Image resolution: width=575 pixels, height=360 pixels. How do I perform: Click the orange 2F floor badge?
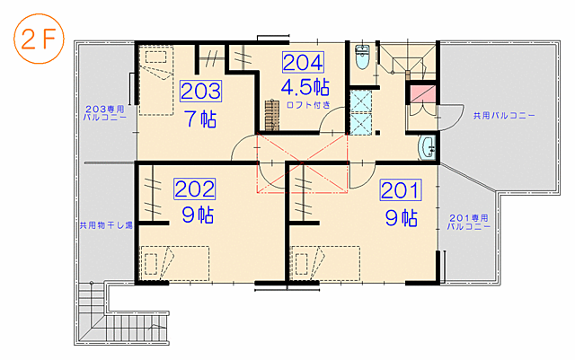39,39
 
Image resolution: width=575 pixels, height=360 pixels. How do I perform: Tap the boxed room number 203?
201,91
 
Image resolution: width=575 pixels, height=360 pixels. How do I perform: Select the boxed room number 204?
303,62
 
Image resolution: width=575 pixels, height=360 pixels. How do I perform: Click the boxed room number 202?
195,189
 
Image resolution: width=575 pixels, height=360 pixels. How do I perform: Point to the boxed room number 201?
401,190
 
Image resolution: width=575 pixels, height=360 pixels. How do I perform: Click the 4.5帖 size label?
305,87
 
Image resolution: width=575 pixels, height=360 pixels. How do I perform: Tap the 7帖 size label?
201,119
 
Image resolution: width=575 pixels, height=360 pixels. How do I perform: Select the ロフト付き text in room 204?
308,105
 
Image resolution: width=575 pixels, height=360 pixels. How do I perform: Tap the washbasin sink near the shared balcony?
428,148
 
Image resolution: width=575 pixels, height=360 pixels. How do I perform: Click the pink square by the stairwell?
422,93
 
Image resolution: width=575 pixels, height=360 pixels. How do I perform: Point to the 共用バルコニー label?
504,116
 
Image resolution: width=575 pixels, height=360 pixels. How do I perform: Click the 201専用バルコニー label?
469,222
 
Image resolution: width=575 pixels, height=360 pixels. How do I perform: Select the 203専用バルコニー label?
105,113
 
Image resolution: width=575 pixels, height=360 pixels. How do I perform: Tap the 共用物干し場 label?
106,224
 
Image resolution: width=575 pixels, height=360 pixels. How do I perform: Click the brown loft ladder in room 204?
272,115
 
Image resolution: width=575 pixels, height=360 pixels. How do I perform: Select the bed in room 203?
156,81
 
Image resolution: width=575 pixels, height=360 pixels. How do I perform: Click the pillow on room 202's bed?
151,264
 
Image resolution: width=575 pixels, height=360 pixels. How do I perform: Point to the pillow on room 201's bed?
302,264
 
